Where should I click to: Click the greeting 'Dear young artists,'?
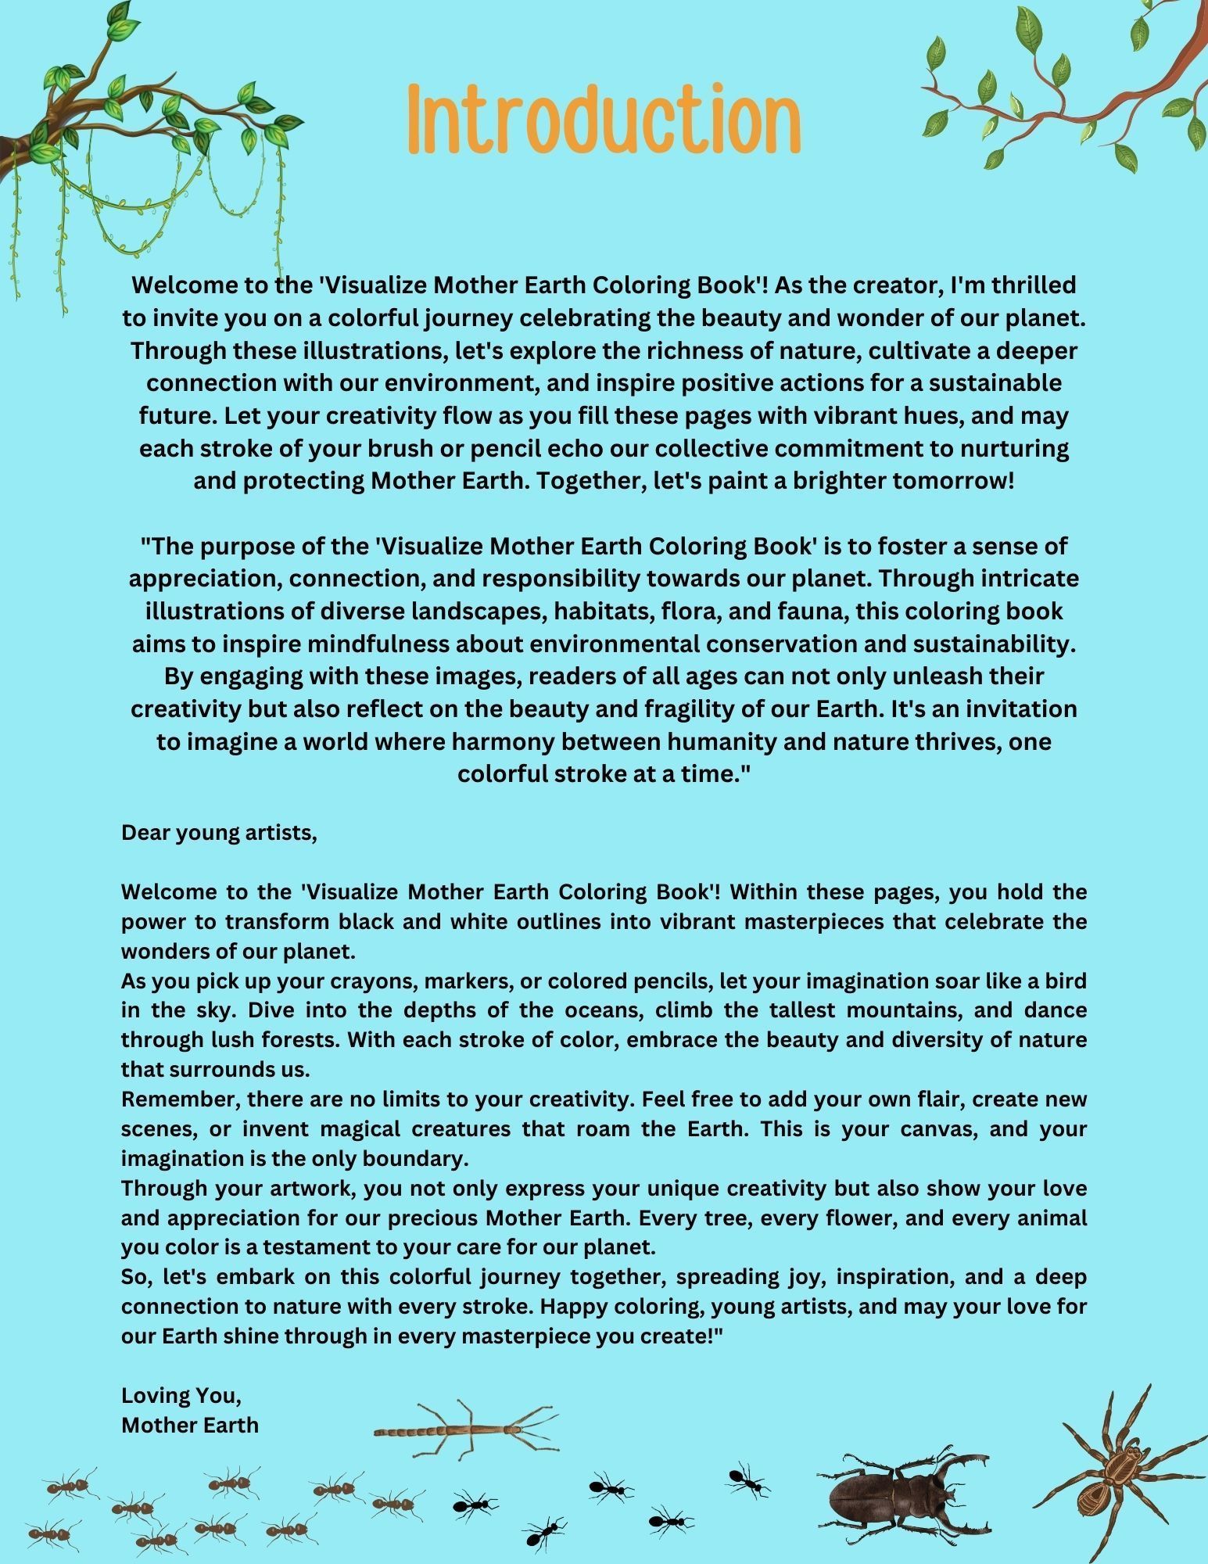click(x=219, y=833)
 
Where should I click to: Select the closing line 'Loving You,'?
click(x=181, y=1396)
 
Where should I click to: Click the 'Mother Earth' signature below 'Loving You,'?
click(x=190, y=1425)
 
